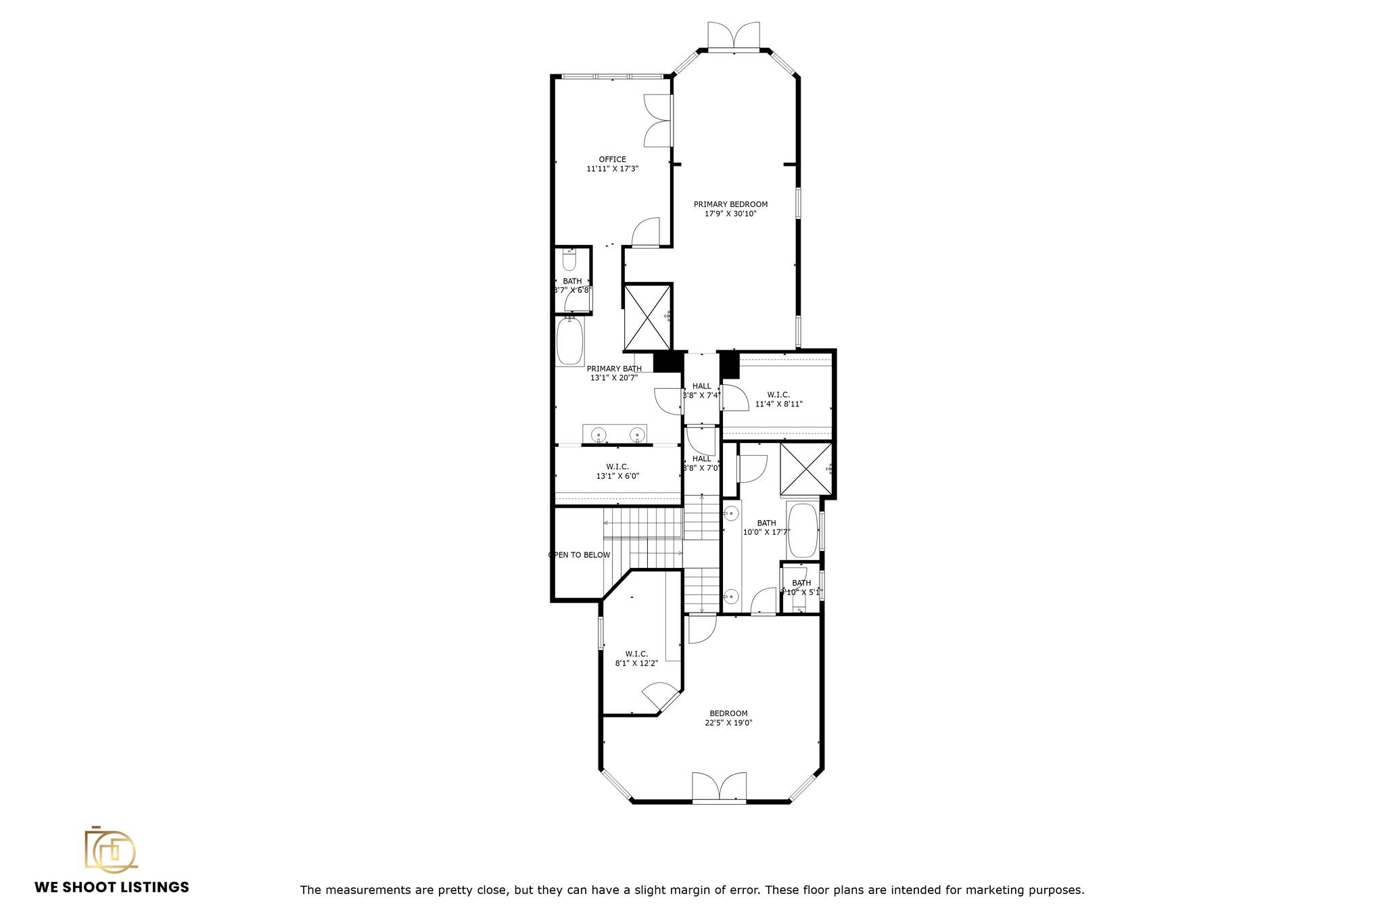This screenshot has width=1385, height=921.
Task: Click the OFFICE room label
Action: coord(612,160)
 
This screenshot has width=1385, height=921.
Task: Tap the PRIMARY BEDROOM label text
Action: coord(730,204)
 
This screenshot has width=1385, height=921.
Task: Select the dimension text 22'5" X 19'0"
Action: coord(728,723)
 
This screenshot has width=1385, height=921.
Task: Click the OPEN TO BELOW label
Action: coord(579,555)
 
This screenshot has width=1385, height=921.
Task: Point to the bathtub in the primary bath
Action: coord(570,341)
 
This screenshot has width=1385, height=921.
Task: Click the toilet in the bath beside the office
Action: coord(569,260)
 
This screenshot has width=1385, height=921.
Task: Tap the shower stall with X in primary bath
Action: coord(647,316)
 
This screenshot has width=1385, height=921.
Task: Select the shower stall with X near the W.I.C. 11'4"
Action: coord(805,469)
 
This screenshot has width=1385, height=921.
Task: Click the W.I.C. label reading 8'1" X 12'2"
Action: coord(636,654)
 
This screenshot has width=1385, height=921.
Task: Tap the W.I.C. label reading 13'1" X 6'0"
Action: coord(617,467)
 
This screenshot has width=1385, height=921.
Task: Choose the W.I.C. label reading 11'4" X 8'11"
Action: coord(778,395)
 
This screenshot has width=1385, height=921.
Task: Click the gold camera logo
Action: coord(110,849)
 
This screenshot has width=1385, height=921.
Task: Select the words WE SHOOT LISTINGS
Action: coord(112,887)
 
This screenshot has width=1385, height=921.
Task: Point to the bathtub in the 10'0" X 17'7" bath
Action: coord(803,529)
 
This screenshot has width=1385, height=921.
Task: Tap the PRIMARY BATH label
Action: coord(614,369)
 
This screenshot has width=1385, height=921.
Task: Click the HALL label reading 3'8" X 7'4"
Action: coord(701,386)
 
